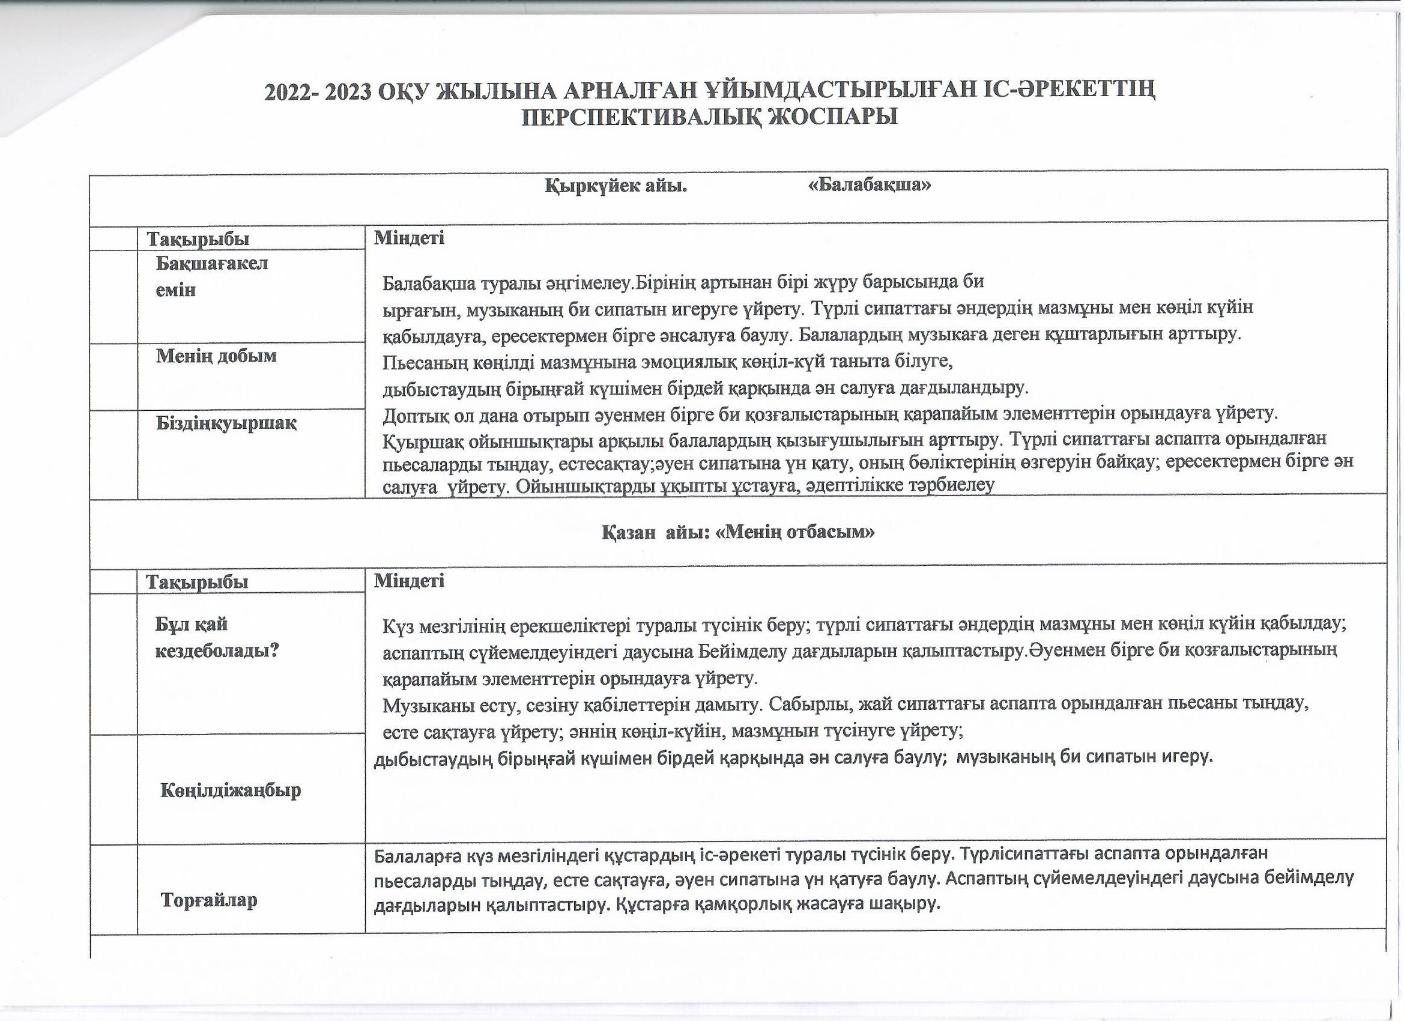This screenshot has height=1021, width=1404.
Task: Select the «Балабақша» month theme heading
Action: pos(870,185)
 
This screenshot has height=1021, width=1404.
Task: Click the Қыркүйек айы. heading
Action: pos(616,185)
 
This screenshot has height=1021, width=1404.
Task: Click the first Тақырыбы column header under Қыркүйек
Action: pos(198,239)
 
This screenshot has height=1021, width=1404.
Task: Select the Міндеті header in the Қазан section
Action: pos(409,581)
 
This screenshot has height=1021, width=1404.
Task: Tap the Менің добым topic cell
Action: pos(216,356)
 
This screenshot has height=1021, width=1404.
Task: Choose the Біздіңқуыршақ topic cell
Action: pos(225,423)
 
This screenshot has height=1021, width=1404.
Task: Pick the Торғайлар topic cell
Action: pos(208,900)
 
